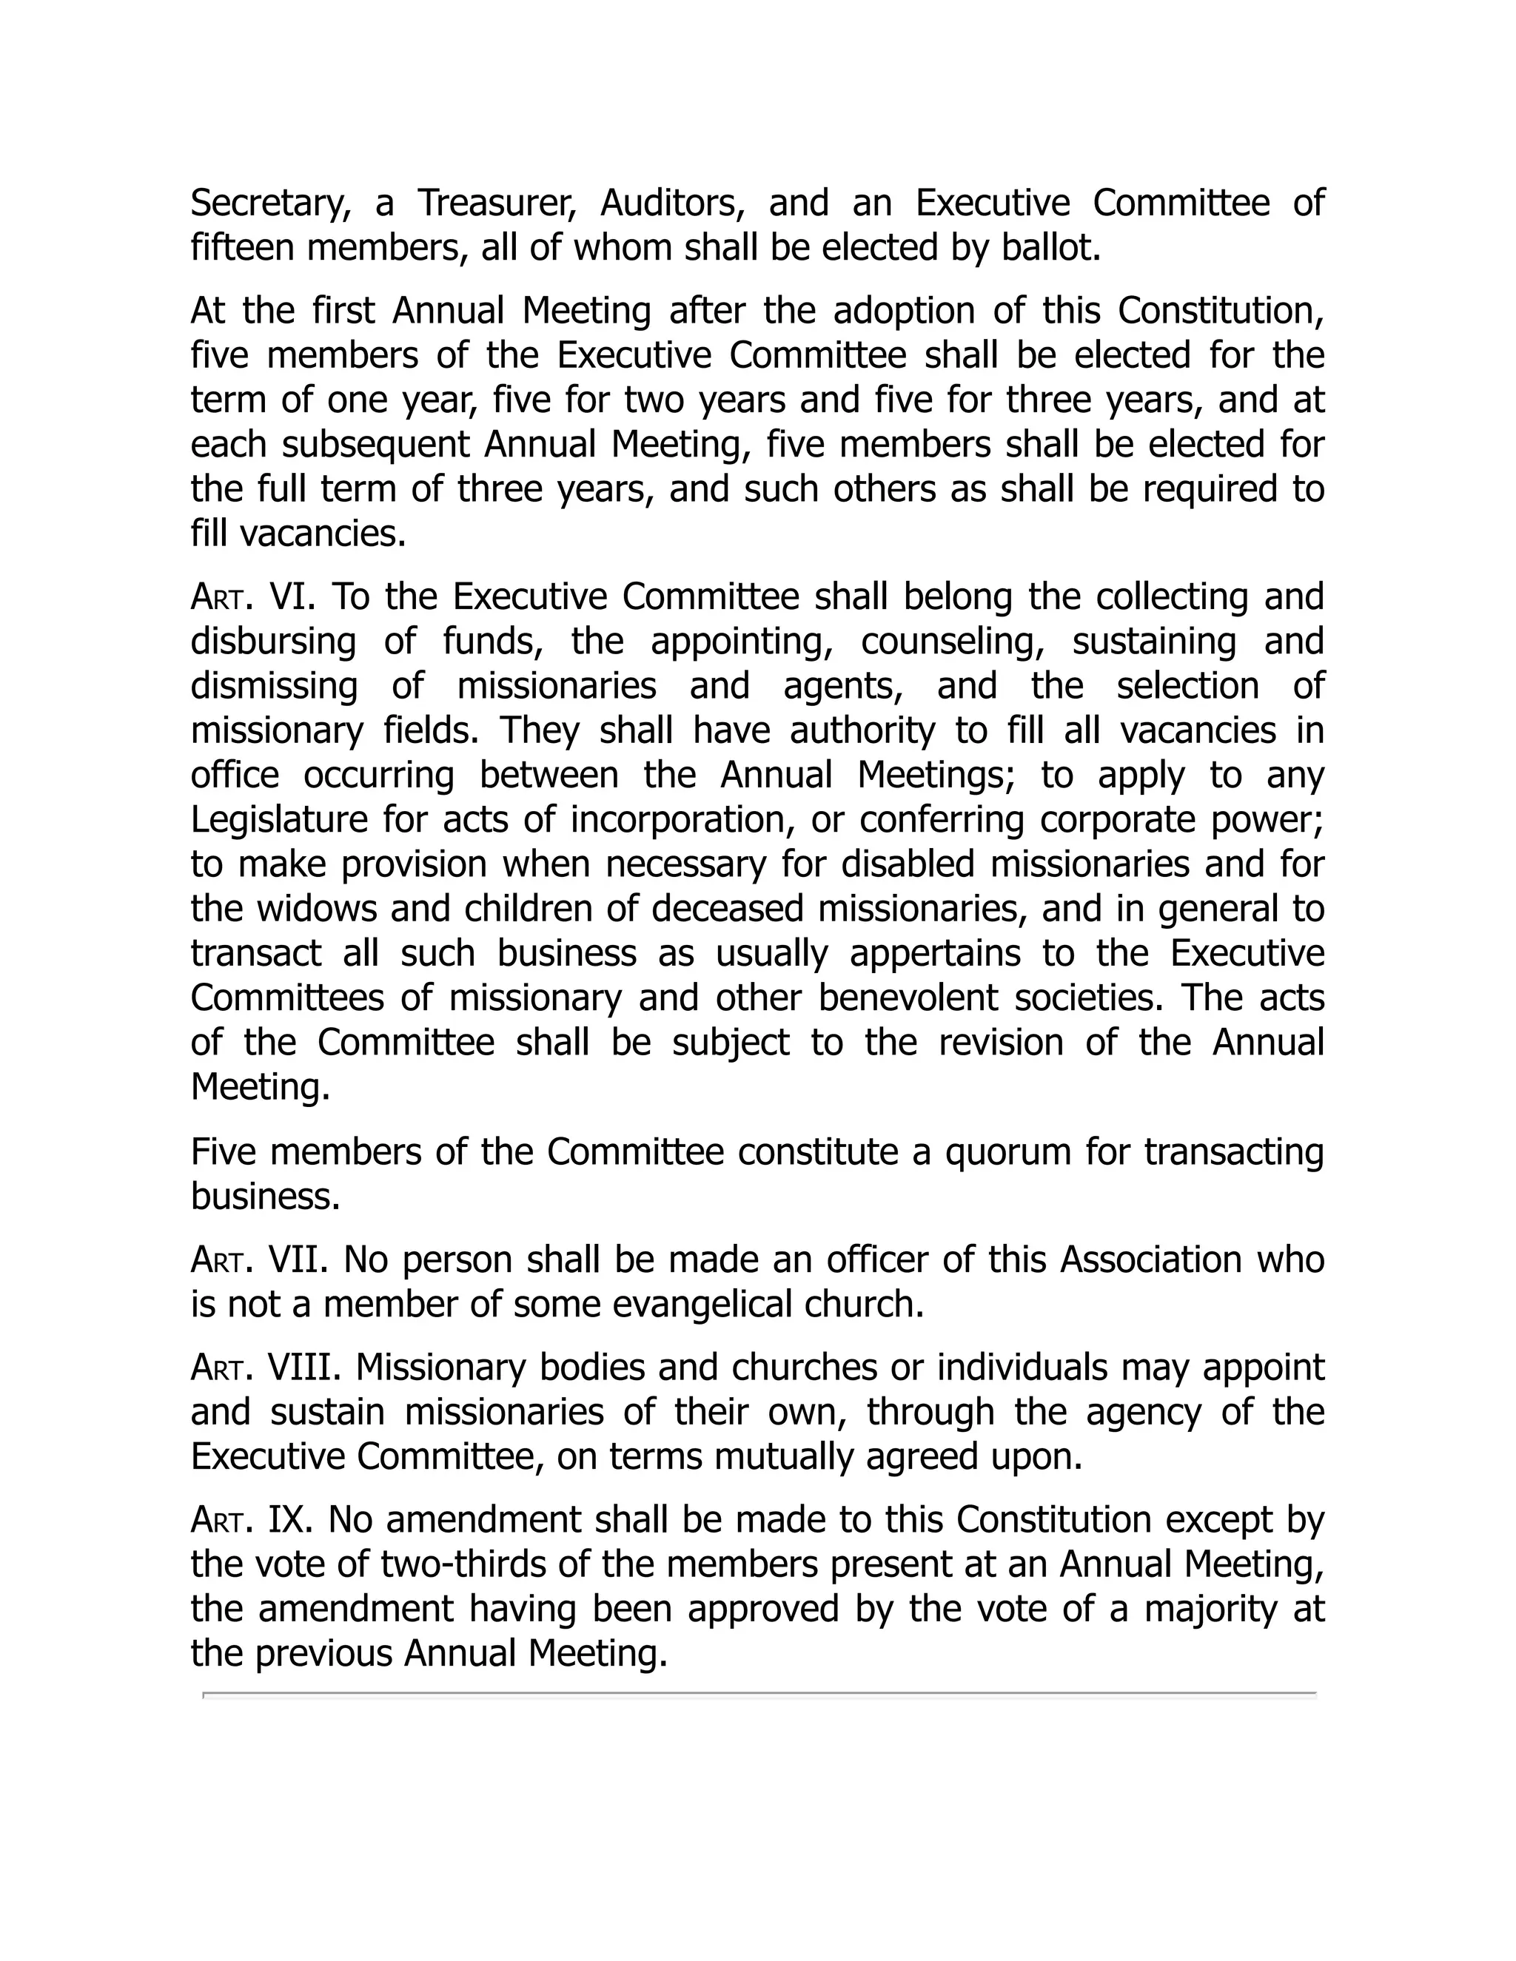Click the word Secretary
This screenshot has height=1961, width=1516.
[x=270, y=203]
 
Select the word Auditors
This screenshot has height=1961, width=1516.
[x=673, y=203]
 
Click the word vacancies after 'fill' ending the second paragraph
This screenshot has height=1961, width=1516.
[x=323, y=534]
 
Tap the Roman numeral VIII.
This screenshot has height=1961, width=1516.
[x=304, y=1368]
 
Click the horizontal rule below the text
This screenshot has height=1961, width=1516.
[x=759, y=1695]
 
